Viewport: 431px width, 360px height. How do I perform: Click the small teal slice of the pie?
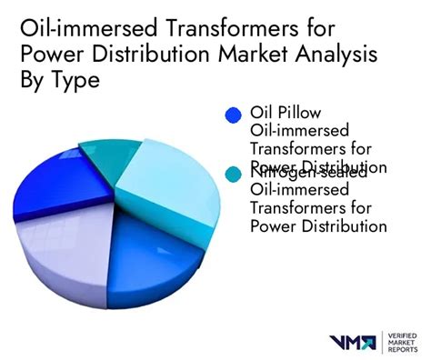click(110, 157)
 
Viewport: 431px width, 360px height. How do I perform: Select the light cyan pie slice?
click(168, 178)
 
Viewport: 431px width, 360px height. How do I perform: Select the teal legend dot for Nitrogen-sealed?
click(234, 173)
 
